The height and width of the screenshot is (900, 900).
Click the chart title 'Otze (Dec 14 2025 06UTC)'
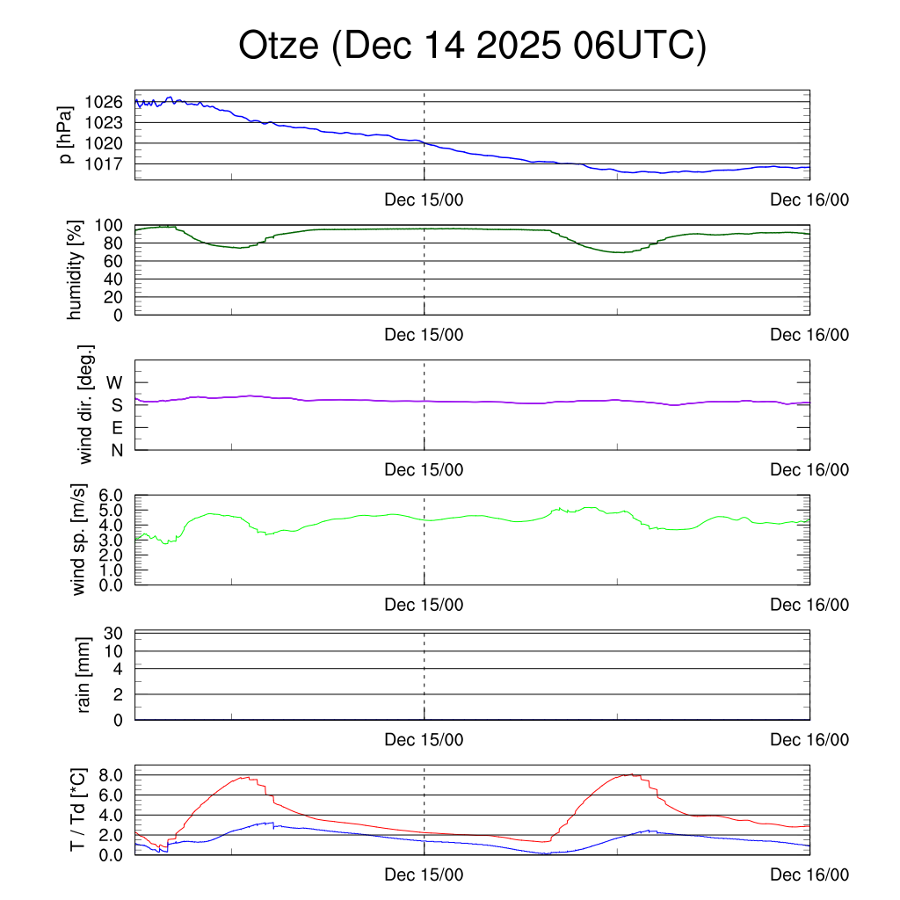472,47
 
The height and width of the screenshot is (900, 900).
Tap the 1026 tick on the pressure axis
104,102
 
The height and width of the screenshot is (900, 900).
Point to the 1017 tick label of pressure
104,164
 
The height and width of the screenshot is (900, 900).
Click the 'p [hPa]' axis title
66,135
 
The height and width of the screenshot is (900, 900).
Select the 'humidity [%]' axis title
75,270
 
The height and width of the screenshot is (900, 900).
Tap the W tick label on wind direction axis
114,383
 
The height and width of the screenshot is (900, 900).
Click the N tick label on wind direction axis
116,450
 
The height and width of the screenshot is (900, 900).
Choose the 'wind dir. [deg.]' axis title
86,405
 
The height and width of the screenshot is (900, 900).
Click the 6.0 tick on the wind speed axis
108,496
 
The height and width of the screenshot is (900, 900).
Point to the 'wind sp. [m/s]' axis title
80,541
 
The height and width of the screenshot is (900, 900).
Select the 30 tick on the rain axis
114,634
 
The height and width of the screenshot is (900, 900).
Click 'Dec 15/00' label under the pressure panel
424,200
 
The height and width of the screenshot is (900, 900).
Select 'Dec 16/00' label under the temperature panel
809,875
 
